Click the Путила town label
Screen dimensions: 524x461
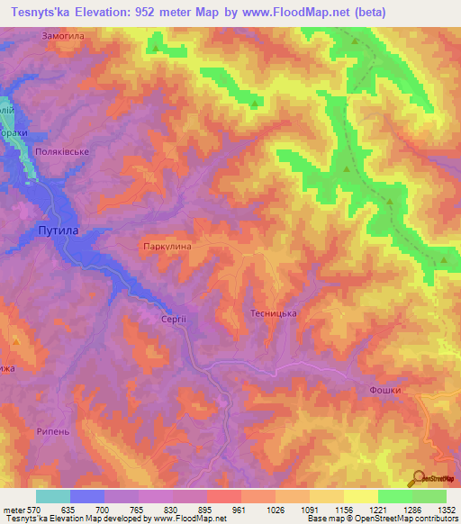click(58, 230)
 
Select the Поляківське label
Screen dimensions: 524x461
click(61, 152)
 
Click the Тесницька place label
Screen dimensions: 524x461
click(273, 313)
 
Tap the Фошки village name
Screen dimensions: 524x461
click(384, 390)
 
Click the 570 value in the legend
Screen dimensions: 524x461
click(32, 510)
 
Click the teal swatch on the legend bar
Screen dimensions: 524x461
click(53, 496)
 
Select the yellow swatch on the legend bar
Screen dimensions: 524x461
click(361, 496)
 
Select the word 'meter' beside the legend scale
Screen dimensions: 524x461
click(13, 510)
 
